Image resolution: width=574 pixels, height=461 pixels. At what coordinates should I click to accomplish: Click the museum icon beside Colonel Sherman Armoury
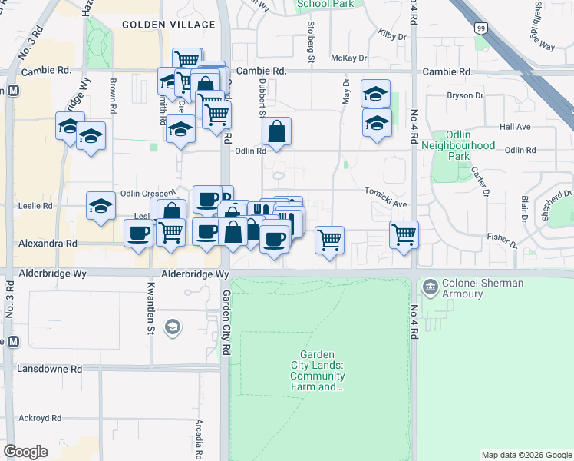point(429,288)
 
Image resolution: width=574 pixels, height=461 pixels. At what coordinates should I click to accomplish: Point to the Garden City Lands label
point(317,370)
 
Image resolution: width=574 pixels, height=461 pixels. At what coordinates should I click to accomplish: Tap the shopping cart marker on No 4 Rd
point(404,234)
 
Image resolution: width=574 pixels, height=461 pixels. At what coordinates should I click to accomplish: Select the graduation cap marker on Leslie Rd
point(100,206)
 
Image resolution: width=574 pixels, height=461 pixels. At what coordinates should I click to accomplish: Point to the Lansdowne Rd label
point(49,369)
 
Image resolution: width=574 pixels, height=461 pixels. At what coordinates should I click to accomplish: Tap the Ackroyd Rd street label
point(41,418)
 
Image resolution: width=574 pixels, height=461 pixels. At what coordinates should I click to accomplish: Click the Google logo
point(25,452)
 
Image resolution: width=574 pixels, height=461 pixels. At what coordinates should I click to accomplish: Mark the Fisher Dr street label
point(502,240)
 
